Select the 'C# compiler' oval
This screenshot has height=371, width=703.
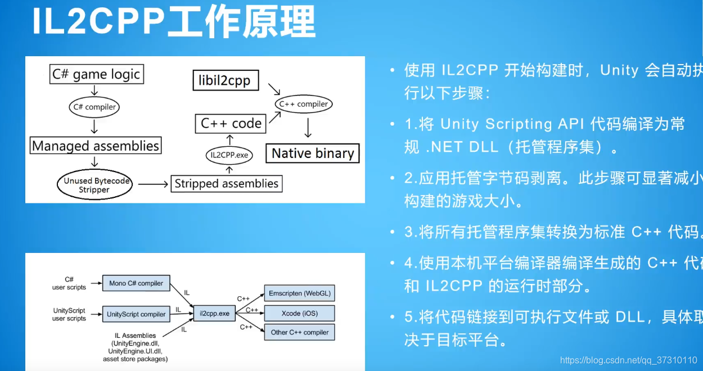click(94, 107)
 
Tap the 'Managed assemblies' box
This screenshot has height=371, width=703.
click(96, 146)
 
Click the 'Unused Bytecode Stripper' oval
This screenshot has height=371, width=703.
click(94, 185)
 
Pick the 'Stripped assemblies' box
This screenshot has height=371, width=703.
click(226, 184)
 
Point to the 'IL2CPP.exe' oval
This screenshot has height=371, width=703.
click(229, 155)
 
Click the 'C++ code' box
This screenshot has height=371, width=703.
click(231, 124)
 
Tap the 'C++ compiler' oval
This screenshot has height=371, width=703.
click(304, 104)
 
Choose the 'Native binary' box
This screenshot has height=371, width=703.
click(313, 153)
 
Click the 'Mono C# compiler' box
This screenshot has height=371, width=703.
click(136, 283)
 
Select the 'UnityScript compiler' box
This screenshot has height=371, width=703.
click(136, 314)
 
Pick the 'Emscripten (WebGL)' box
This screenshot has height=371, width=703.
click(299, 293)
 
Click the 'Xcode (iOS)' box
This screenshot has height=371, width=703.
click(299, 313)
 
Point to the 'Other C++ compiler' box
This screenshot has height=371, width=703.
click(299, 332)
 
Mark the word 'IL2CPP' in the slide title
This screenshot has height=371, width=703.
click(98, 24)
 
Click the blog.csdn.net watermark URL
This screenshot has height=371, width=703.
click(628, 360)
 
